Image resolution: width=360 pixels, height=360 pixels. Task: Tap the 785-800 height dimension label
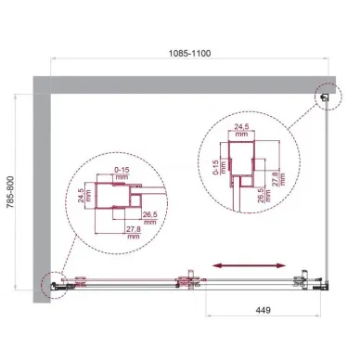(10, 195)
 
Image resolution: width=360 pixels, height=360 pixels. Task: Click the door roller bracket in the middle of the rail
(188, 277)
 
